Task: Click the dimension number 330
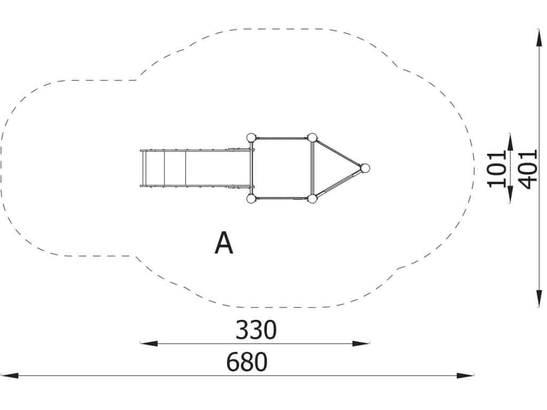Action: (x=256, y=329)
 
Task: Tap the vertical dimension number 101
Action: (x=497, y=169)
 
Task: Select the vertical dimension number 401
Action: (x=527, y=169)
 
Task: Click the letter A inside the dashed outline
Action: (x=224, y=243)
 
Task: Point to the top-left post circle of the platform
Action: (x=251, y=138)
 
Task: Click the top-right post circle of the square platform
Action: (x=312, y=138)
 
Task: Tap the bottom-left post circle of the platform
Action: (x=251, y=199)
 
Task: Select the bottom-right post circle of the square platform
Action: (x=312, y=199)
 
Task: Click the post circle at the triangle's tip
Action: (x=365, y=168)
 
